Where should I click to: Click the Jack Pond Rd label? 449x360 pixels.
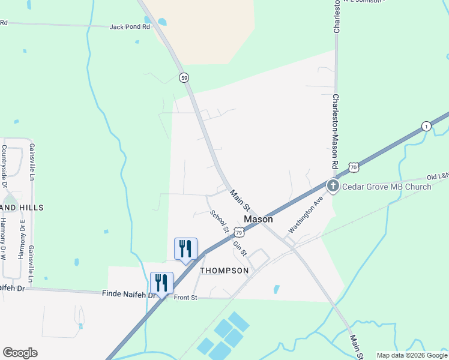coord(129,27)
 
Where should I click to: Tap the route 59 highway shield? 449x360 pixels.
coord(184,77)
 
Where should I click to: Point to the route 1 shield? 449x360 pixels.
coord(426,125)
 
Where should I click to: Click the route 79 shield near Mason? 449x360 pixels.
coord(238,232)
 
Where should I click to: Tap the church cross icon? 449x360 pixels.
coord(333,186)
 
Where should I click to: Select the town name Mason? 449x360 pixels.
coord(258,220)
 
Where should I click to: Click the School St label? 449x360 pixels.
coord(219,221)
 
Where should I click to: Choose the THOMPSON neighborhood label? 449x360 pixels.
coord(224,271)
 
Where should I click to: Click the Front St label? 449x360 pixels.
coord(186,296)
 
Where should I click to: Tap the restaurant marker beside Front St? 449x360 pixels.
coord(161,283)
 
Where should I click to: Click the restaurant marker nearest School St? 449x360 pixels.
coord(185,248)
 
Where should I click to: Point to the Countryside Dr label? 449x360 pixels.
coord(4,161)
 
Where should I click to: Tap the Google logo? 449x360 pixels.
coord(20,352)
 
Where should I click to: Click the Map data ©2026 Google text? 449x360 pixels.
coord(412,355)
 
